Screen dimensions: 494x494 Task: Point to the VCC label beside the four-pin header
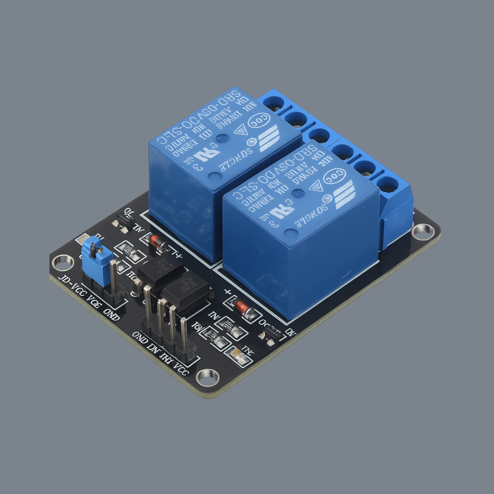tap(182, 370)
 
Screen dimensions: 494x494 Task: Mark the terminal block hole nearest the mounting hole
tap(388, 185)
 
